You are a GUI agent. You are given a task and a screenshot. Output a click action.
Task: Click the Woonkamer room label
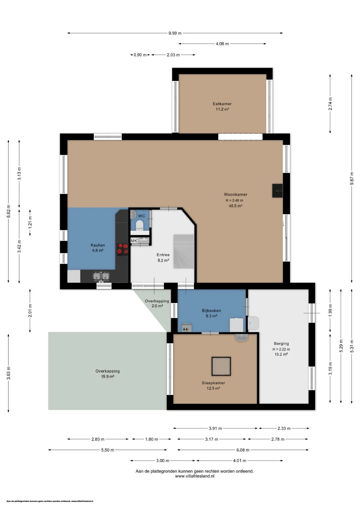point(235,194)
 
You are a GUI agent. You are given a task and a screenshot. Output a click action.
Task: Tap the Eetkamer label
point(222,104)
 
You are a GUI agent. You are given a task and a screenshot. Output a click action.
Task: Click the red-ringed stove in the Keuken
point(122,249)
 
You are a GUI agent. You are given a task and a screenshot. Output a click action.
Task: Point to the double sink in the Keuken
point(101,277)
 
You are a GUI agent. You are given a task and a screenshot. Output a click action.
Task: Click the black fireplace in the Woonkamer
point(277,191)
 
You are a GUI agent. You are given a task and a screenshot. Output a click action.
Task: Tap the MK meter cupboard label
point(134,241)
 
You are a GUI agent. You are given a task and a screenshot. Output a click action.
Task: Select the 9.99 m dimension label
point(175,33)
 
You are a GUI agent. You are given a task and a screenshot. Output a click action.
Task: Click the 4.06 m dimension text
point(222,44)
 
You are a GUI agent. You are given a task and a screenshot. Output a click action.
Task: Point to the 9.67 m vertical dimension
point(352,178)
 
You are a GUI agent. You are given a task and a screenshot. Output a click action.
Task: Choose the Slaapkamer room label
point(213,383)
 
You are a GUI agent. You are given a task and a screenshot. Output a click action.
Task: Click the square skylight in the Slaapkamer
point(221,366)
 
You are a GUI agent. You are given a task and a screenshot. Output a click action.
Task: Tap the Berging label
point(281,344)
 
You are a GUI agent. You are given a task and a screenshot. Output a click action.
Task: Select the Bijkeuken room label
point(211,310)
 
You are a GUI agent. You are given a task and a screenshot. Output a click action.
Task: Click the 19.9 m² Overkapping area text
point(108,376)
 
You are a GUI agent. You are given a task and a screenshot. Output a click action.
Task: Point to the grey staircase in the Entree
point(184,251)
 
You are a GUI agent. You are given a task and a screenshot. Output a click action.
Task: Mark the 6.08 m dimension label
point(243,450)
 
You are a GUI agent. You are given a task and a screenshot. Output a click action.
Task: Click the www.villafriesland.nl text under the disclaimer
point(195,476)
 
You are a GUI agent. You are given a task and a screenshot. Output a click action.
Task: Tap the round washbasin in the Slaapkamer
point(242,338)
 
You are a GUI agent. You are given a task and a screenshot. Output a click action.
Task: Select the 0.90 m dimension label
point(140,55)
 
